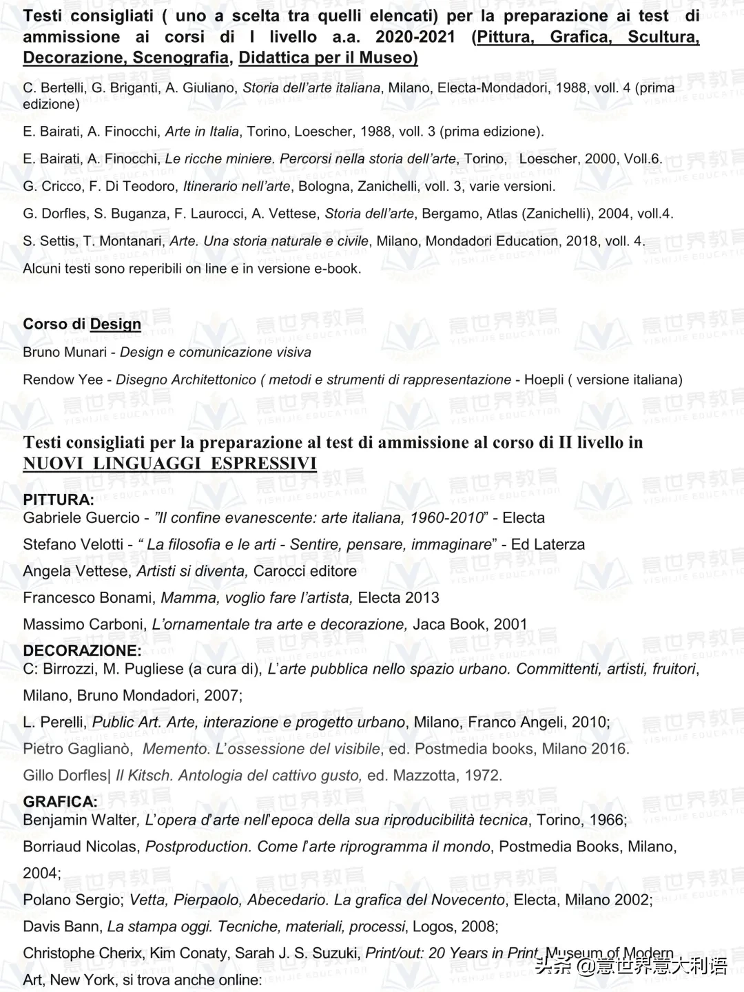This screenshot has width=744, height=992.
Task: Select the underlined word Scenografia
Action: (180, 57)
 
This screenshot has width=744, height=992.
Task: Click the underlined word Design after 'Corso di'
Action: (116, 324)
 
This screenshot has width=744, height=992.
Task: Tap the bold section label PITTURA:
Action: (59, 500)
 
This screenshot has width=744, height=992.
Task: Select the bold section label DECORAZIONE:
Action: (82, 651)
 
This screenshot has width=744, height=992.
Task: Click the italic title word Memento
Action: (176, 749)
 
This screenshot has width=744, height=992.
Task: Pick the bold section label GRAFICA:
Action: (61, 802)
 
